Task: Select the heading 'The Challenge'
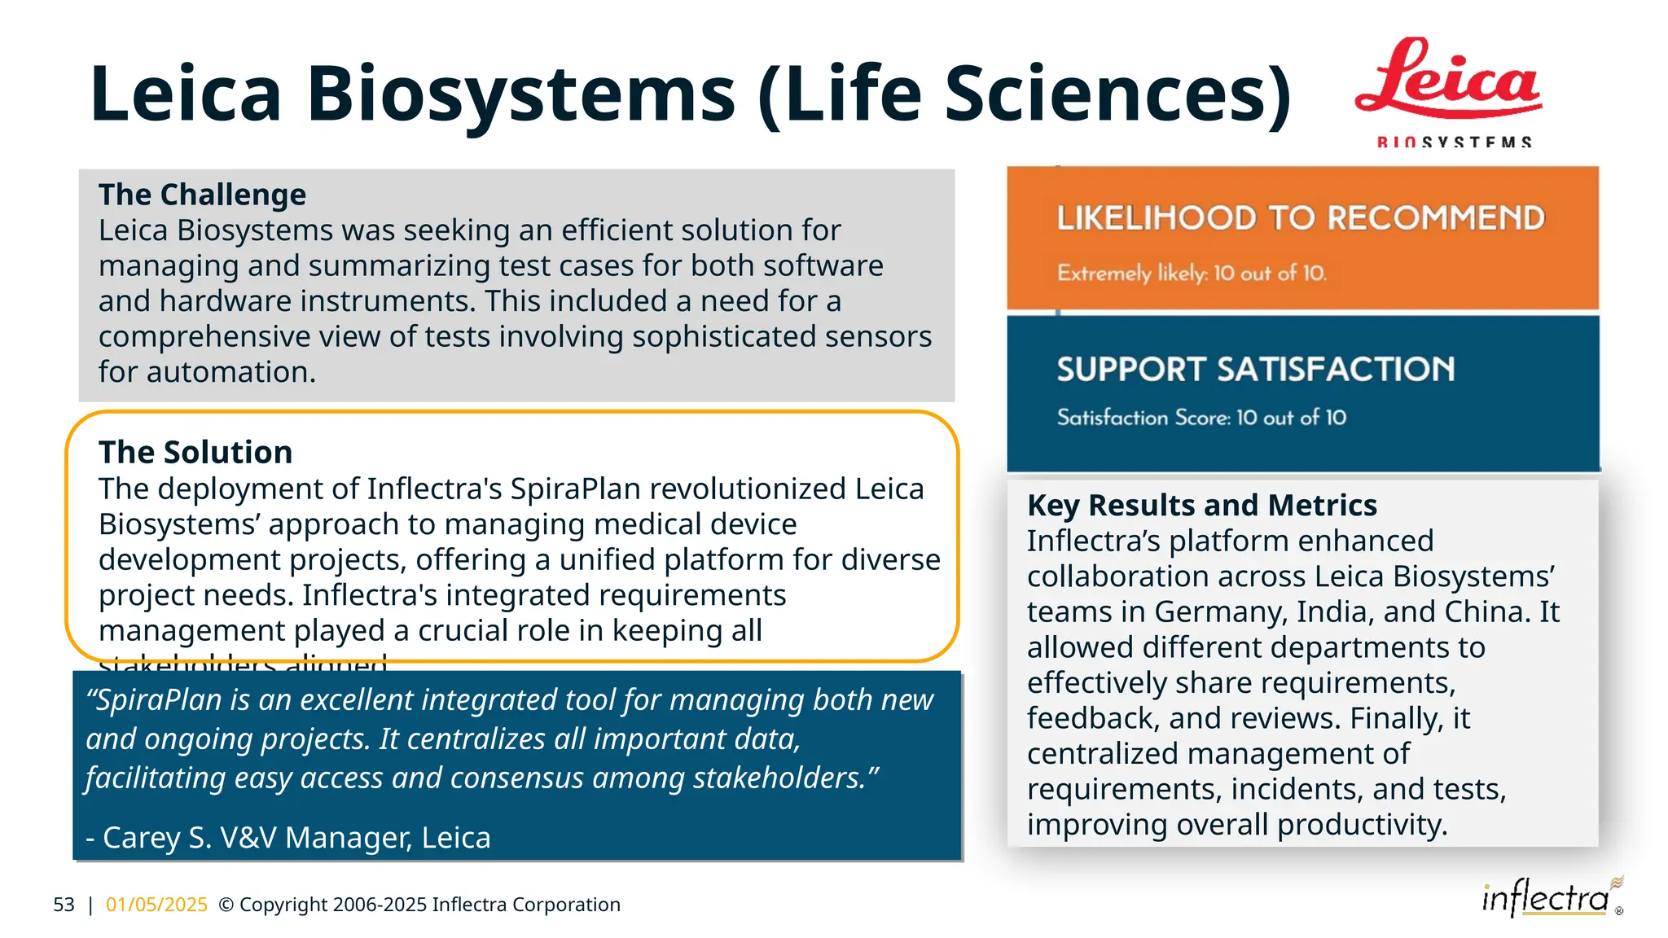[202, 195]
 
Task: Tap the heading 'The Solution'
[195, 453]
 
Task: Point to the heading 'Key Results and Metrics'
[1201, 506]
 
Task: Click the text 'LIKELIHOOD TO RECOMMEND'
[1301, 218]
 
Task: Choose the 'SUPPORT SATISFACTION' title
[1255, 370]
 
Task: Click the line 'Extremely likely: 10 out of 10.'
[1192, 274]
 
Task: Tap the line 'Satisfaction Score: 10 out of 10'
[1201, 418]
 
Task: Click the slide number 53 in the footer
[64, 905]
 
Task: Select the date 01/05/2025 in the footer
[156, 905]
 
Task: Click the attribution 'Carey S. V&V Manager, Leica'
[296, 838]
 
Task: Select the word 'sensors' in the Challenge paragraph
[878, 337]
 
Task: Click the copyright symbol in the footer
[226, 905]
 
